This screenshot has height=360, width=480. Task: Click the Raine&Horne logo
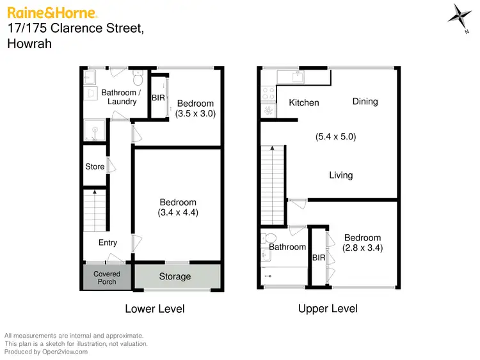pos(52,12)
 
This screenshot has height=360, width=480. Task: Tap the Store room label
pos(95,167)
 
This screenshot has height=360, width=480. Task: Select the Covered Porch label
pos(107,278)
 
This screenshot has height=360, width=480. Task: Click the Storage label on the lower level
pos(175,277)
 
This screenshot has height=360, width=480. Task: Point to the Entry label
pos(108,242)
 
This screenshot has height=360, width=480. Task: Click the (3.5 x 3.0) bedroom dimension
pos(195,114)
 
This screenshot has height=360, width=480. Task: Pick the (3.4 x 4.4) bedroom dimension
pos(178,212)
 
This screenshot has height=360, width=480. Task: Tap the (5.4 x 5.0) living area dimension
pos(336,136)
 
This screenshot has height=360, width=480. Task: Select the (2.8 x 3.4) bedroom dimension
pos(363,248)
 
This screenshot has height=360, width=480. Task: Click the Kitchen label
pos(304,103)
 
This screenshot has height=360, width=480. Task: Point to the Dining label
pos(365,101)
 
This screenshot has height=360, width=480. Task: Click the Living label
pos(340,175)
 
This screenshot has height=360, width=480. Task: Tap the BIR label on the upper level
pos(319,258)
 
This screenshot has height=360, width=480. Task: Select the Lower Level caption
pos(154,309)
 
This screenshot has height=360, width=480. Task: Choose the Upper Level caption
pos(328,309)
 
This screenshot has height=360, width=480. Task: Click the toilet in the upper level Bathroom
pos(269,238)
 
